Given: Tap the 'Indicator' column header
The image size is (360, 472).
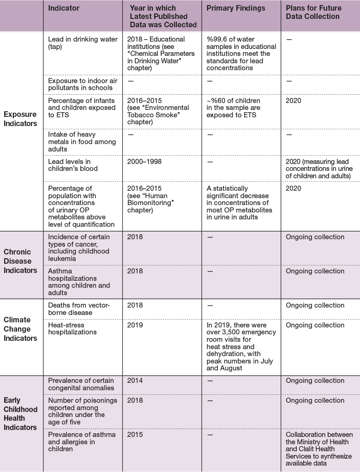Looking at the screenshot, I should click(x=64, y=8).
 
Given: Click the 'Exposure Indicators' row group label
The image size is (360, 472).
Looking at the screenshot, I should click(x=20, y=119).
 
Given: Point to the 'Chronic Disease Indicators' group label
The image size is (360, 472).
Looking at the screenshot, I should click(x=20, y=261).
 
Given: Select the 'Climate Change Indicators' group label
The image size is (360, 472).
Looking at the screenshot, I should click(x=20, y=329).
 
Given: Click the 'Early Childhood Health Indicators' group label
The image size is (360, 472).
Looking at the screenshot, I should click(x=20, y=413).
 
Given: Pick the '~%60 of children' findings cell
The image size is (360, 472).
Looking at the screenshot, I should click(x=234, y=108).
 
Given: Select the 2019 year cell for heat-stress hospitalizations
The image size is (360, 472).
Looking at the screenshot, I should click(x=135, y=325).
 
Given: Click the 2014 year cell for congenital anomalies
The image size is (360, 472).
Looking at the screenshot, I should click(x=135, y=381).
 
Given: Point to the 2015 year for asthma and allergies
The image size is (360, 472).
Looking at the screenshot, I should click(x=135, y=435).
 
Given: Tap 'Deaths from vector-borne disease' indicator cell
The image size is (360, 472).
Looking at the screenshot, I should click(x=79, y=309).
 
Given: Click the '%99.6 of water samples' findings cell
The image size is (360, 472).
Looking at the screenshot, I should click(x=241, y=54).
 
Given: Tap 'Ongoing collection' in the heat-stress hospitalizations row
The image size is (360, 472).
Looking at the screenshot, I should click(x=315, y=325).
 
